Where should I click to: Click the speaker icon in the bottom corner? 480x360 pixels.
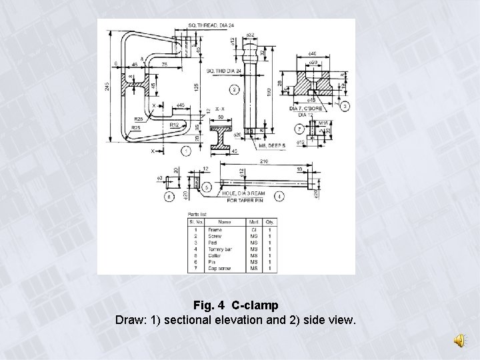pos(461,341)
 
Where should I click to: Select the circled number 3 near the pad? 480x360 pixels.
pos(345,106)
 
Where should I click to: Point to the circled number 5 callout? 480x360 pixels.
pos(208,187)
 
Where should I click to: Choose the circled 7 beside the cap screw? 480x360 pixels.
pos(300,128)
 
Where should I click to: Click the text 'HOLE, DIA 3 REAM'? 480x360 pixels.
pos(245,193)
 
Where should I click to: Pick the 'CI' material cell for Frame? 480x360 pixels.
pos(253,230)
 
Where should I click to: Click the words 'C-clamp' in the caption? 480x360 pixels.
pos(255,306)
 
